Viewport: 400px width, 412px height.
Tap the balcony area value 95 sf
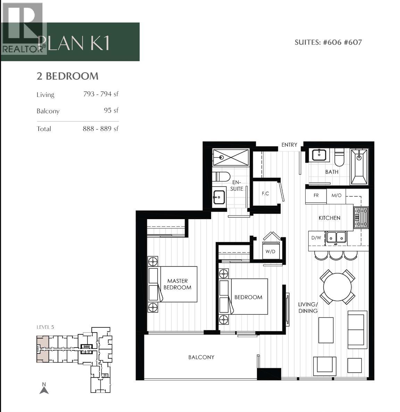pos(111,110)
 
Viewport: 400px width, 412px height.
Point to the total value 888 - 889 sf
pos(100,129)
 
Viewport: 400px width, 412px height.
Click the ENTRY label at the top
pos(289,145)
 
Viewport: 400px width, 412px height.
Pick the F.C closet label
pos(265,194)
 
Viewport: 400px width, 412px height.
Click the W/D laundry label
pos(270,251)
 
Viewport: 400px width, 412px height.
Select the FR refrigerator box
pos(316,196)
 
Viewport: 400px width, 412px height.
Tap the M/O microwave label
pos(336,196)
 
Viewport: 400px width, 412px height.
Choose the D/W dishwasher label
pos(316,238)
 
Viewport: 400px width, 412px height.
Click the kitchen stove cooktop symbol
pos(361,217)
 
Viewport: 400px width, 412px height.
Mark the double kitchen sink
pos(336,238)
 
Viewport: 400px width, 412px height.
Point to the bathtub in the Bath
pos(359,167)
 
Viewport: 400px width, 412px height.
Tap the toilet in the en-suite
pos(221,177)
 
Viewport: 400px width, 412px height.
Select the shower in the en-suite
pos(231,157)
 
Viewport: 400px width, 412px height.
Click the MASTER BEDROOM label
pos(177,284)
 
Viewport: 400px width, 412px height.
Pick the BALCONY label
pos(201,357)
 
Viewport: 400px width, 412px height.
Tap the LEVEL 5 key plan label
pos(45,327)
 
